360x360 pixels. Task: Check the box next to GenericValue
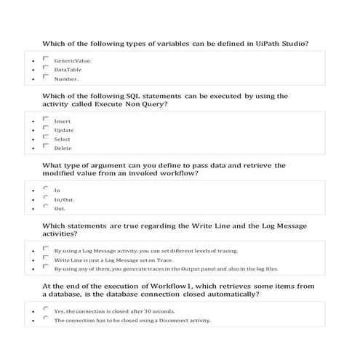coord(46,60)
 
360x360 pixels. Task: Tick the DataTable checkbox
coord(46,68)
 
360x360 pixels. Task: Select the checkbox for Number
coord(46,77)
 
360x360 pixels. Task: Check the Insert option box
coord(46,119)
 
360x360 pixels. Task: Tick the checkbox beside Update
coord(46,129)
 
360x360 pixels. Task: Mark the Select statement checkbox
coord(46,137)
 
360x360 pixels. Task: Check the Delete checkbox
coord(46,147)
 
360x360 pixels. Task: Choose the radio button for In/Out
coord(46,198)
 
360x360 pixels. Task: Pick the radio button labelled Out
coord(46,207)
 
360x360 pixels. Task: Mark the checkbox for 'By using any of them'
coord(46,267)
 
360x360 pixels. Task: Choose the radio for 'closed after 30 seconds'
coord(46,309)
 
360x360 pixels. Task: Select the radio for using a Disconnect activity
coord(46,319)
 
